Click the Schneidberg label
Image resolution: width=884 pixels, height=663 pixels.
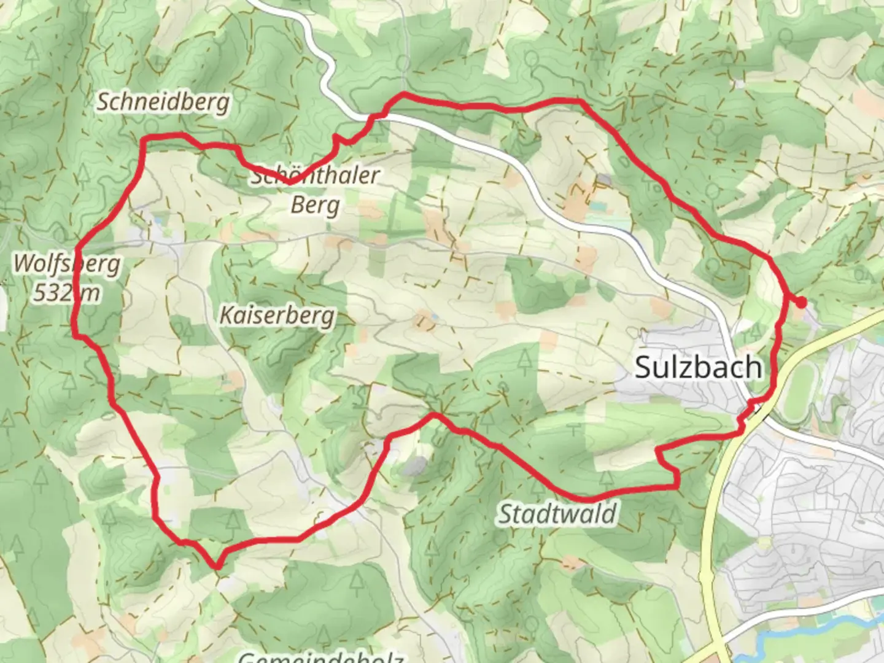[x=163, y=103]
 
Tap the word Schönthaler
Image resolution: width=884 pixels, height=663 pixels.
[x=315, y=176]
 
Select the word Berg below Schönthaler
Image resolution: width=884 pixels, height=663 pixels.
[x=315, y=204]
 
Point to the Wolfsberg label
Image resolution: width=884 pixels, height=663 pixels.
[x=66, y=264]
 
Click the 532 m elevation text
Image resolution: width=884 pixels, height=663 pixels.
[x=66, y=293]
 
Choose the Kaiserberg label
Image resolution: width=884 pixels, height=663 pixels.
[x=277, y=316]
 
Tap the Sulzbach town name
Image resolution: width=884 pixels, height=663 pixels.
[x=698, y=367]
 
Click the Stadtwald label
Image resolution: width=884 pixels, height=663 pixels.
[x=557, y=513]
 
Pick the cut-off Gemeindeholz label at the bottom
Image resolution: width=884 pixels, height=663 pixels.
[x=320, y=657]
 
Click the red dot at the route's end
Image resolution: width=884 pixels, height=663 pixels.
[x=801, y=301]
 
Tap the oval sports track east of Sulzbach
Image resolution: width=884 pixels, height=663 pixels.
[x=797, y=389]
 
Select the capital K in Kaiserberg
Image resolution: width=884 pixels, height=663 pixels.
[x=226, y=316]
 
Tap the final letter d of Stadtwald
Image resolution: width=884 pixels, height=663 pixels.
[x=609, y=513]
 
